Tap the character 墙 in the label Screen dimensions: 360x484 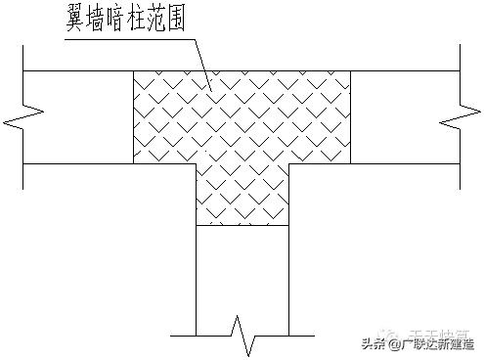(105, 17)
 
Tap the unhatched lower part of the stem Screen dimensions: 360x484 (242, 274)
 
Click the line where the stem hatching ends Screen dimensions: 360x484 (242, 226)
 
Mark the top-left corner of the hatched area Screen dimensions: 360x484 (133, 70)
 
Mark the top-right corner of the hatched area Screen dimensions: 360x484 (351, 70)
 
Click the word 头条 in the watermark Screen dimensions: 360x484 (375, 342)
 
